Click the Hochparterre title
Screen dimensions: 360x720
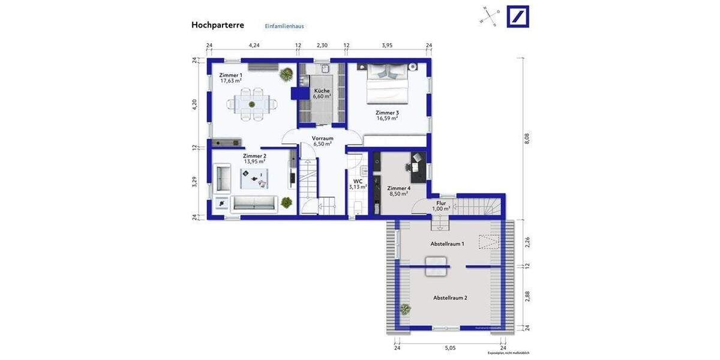217,25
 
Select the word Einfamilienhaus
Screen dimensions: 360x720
284,26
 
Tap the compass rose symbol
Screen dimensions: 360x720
489,16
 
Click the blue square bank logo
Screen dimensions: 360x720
518,16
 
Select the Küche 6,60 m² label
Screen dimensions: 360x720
322,93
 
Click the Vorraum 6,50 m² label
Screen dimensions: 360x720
322,141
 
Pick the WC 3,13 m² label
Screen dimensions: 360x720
358,184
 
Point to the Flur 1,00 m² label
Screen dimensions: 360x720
441,206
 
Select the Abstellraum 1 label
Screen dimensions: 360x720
447,244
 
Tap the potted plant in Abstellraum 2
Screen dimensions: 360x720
406,310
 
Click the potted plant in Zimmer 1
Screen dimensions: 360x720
287,74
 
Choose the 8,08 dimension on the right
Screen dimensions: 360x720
527,138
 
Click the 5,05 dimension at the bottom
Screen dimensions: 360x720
450,347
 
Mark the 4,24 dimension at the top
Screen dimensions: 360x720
254,46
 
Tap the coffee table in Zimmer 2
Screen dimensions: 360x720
254,178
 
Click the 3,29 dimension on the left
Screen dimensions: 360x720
194,182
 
